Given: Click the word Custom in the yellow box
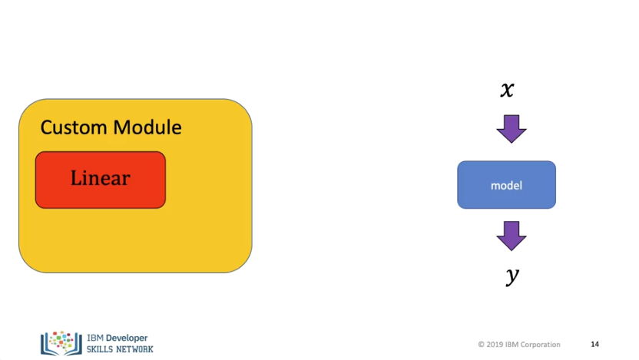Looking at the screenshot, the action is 74,127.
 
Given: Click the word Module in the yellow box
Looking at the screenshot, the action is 147,127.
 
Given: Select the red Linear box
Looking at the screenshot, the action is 101,180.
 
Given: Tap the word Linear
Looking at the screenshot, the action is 101,178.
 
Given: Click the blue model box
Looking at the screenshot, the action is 507,185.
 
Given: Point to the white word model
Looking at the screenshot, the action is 507,186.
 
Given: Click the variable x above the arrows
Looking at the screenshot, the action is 508,89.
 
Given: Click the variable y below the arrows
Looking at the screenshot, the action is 512,276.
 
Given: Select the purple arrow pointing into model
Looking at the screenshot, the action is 512,129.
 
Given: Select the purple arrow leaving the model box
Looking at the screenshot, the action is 512,236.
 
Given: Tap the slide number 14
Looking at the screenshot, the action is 595,345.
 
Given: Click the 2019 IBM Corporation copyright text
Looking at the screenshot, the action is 519,345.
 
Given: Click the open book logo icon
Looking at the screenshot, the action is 61,343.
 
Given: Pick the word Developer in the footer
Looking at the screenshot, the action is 127,338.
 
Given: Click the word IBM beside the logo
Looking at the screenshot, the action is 95,338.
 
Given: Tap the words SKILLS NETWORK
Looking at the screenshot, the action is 120,349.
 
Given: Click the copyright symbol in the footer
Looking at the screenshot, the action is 482,345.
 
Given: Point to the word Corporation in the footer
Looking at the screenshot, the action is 541,345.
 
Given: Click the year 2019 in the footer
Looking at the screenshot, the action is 495,345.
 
